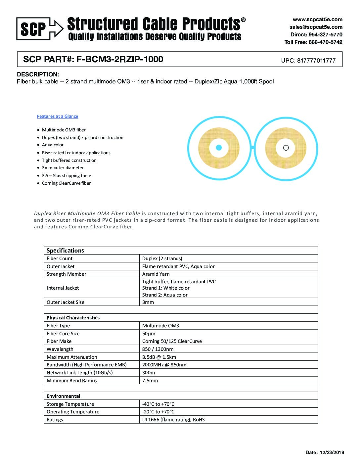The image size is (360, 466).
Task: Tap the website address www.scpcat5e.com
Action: (317, 20)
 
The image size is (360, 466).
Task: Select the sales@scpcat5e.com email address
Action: (316, 27)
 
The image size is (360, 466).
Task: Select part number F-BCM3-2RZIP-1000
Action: (120, 59)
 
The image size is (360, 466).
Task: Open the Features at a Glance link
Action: (58, 116)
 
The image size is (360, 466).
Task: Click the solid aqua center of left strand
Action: (218, 148)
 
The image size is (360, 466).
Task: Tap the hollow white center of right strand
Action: (286, 148)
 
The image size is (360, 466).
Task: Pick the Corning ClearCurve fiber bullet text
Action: (66, 183)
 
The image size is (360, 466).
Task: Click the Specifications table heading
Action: (65, 251)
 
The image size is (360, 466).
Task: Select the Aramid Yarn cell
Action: (156, 274)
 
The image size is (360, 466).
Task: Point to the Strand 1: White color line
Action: (166, 288)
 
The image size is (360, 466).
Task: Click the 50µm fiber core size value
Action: (149, 334)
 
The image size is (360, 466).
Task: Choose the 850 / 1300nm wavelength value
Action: (158, 349)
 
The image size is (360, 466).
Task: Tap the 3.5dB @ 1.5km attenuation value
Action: (159, 357)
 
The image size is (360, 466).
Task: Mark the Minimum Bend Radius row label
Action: (72, 381)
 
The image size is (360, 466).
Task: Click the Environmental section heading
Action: (63, 396)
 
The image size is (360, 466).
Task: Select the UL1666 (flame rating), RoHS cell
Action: (173, 420)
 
